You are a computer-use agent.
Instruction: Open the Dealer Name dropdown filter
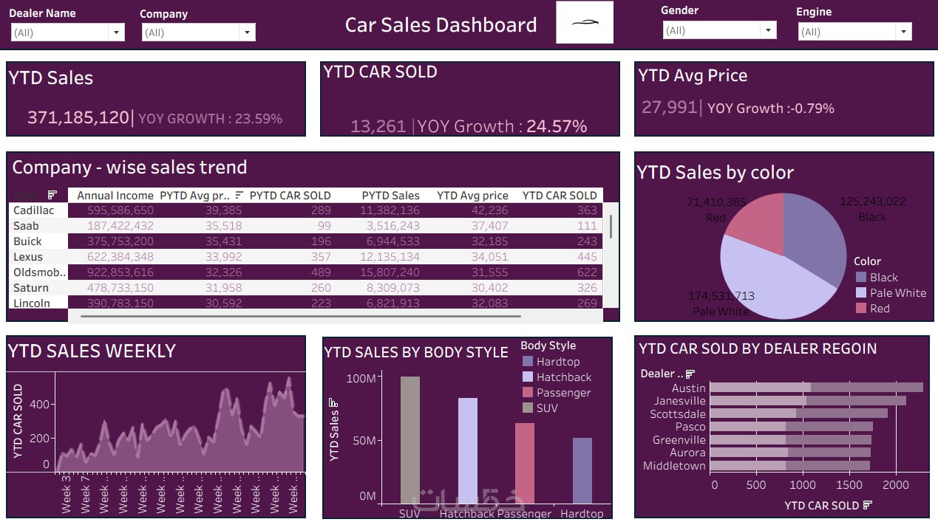point(116,32)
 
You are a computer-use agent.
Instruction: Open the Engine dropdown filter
point(903,32)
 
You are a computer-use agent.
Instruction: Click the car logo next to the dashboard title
point(584,23)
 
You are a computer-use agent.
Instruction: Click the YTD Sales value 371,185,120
point(78,117)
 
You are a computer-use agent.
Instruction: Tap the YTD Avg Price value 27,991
point(669,108)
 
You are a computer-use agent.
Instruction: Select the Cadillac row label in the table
point(34,210)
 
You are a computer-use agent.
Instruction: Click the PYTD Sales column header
point(390,196)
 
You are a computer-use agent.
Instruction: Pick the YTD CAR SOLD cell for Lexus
point(587,257)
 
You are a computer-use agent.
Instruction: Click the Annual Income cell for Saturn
point(115,288)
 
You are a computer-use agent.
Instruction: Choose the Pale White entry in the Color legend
point(897,293)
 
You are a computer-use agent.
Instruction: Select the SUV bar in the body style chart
point(409,439)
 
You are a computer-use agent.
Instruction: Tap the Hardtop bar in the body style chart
point(582,470)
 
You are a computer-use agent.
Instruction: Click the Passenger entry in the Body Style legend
point(563,393)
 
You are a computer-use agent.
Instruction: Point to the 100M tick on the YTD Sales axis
point(361,378)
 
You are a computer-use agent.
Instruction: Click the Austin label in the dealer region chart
point(688,388)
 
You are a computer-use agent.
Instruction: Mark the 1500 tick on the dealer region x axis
point(849,485)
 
